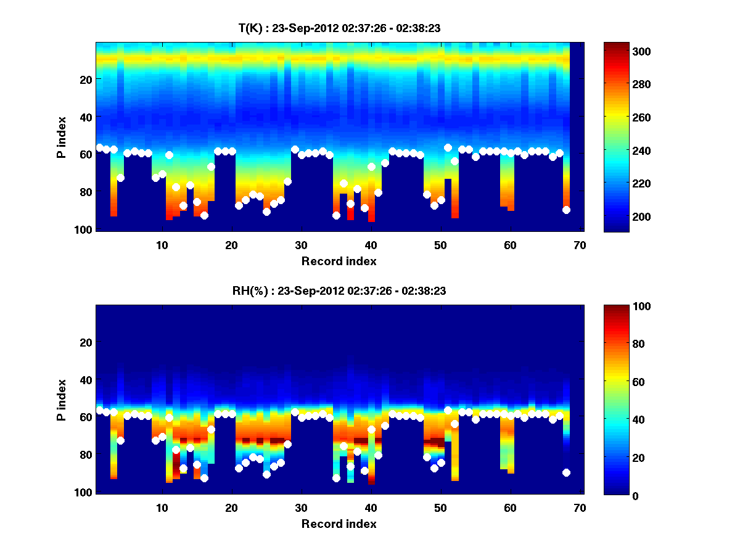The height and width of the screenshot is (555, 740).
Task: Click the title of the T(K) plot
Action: coord(339,28)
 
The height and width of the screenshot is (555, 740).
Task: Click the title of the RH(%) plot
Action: coord(339,291)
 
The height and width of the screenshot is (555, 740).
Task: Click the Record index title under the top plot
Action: coord(339,261)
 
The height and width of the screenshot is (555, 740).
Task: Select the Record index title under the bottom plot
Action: coord(339,524)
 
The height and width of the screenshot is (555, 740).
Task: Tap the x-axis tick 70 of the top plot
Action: coord(580,245)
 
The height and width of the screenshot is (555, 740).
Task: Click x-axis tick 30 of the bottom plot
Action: coord(301,508)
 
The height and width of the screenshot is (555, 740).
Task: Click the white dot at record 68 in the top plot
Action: coord(566,210)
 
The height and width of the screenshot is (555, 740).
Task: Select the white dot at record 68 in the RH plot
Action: coord(566,473)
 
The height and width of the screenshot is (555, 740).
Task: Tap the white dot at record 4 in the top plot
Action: coord(121,178)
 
